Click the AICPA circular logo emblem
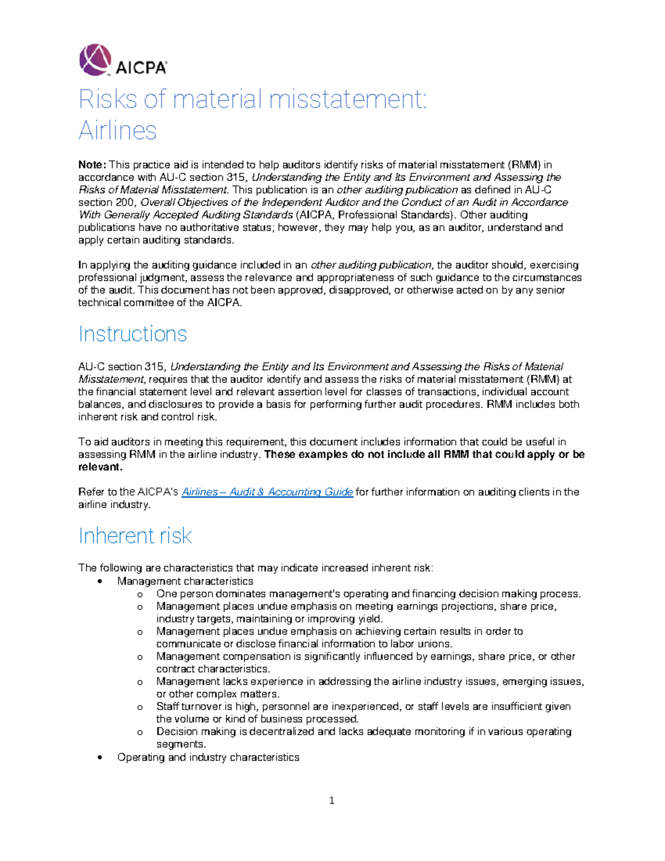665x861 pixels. [x=95, y=59]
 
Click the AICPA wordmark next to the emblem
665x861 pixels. [x=141, y=68]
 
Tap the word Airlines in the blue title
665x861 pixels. [x=117, y=131]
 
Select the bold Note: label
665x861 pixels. [x=91, y=165]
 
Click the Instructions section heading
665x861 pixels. [x=132, y=334]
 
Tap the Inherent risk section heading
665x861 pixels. [x=135, y=536]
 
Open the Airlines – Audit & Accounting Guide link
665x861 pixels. [x=267, y=492]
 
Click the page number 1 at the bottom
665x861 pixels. [x=331, y=800]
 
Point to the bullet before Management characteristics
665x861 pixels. [x=100, y=582]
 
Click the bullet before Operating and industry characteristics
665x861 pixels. [x=100, y=758]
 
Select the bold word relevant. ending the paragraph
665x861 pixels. [x=100, y=467]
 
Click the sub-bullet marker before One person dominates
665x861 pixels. [x=140, y=594]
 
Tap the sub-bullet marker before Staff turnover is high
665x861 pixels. [x=140, y=707]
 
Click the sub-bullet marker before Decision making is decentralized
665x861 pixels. [x=140, y=732]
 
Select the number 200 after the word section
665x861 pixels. [x=125, y=202]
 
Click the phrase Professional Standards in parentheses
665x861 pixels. [x=394, y=215]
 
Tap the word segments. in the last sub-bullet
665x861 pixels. [x=181, y=744]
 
